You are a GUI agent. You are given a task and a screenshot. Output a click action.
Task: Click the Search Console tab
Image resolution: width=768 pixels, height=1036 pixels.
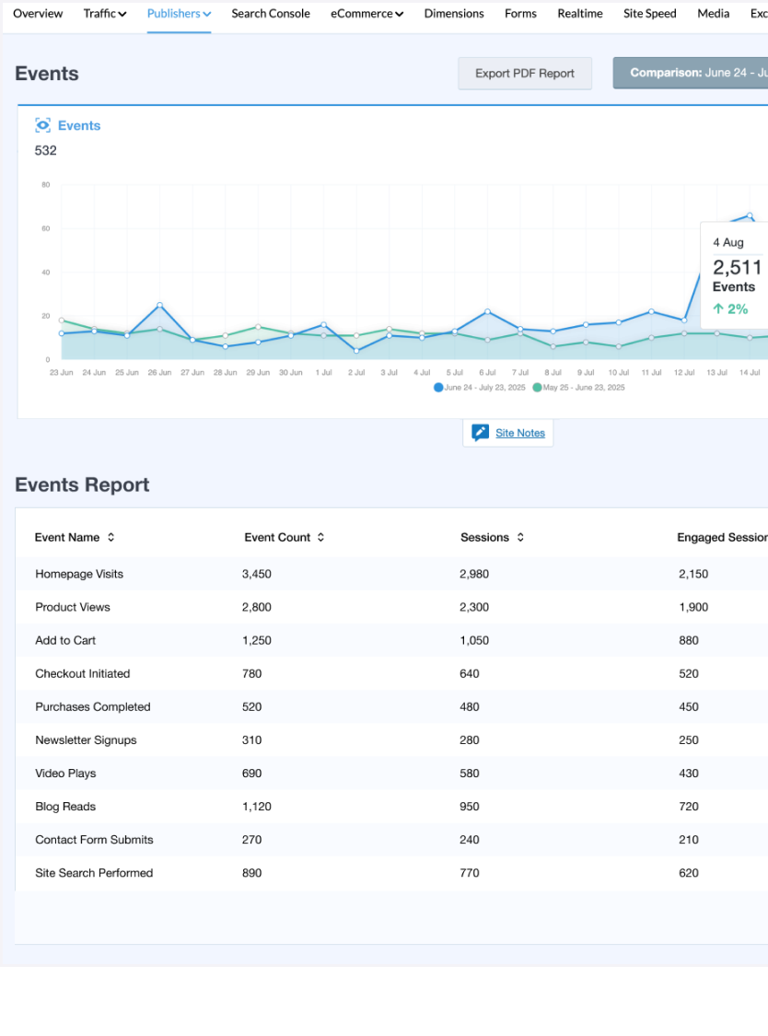point(271,14)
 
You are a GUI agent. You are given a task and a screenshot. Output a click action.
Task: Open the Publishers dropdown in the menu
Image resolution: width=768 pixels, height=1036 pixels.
point(179,14)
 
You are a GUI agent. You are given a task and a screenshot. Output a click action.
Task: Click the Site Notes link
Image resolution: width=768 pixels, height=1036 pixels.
point(520,433)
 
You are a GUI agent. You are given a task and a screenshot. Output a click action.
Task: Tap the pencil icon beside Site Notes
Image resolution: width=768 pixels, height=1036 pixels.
point(480,433)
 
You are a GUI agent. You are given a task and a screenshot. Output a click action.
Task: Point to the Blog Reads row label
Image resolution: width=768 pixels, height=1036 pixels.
point(65,807)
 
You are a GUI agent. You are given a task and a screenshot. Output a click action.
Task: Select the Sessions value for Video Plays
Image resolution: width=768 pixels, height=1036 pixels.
point(469,774)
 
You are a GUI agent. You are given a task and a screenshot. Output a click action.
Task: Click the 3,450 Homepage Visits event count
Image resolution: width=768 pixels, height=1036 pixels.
point(256,575)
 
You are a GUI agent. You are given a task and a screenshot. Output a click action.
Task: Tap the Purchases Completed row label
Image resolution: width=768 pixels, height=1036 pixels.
point(92,707)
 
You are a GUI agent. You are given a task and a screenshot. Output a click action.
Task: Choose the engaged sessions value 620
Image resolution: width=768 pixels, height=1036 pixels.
point(688,873)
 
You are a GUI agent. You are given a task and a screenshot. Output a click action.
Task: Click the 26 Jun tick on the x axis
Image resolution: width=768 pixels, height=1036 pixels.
point(159,373)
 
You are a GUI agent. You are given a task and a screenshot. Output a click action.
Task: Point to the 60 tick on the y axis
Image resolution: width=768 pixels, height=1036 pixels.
point(45,228)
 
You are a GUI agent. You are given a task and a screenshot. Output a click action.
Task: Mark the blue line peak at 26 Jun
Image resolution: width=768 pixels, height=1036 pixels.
point(159,305)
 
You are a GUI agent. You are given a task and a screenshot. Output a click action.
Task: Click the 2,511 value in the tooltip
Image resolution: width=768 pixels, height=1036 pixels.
point(737,268)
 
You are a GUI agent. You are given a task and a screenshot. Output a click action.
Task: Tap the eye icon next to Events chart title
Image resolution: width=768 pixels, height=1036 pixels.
point(42,125)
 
